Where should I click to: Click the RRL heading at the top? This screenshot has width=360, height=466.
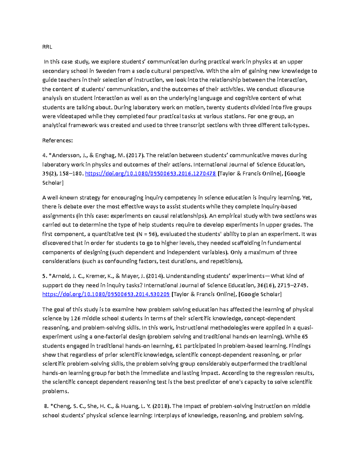[x=47, y=47]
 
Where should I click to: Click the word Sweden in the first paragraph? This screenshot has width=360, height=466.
[x=105, y=71]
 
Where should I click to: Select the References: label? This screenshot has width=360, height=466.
[x=58, y=140]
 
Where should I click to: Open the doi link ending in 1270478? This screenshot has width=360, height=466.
[x=151, y=173]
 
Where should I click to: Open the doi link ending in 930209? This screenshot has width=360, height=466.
[x=106, y=294]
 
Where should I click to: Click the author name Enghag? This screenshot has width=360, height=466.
[x=106, y=155]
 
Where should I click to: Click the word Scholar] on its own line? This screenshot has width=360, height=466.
[x=53, y=183]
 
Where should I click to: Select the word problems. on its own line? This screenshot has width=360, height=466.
[x=55, y=391]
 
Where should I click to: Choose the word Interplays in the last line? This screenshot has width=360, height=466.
[x=167, y=416]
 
